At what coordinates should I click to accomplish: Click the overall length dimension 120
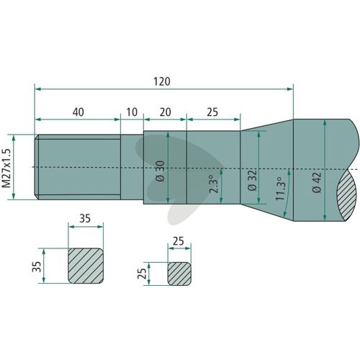tap(162, 81)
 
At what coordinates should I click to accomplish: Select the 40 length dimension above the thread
tap(78, 112)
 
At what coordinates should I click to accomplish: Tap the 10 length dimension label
tap(132, 112)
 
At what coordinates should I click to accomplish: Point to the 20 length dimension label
tap(165, 112)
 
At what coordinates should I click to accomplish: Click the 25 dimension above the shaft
tap(212, 112)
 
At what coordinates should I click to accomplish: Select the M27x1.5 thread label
tap(6, 168)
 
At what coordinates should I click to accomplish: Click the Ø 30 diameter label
tap(161, 171)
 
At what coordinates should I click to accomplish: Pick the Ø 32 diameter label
tap(252, 181)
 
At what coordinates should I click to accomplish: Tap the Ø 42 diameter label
tap(318, 182)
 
